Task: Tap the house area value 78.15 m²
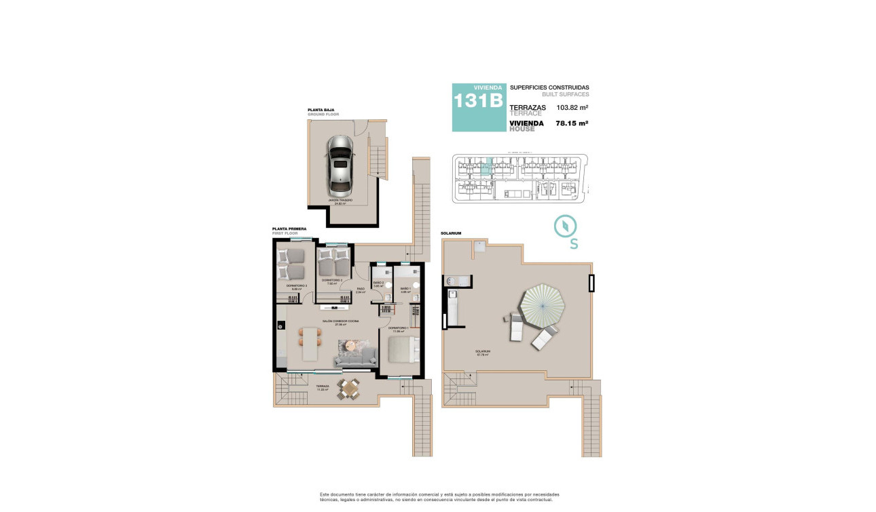pos(572,123)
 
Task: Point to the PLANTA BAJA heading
pos(320,109)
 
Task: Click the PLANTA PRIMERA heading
pos(289,229)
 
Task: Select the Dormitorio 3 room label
pos(296,286)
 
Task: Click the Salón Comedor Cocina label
pos(340,321)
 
